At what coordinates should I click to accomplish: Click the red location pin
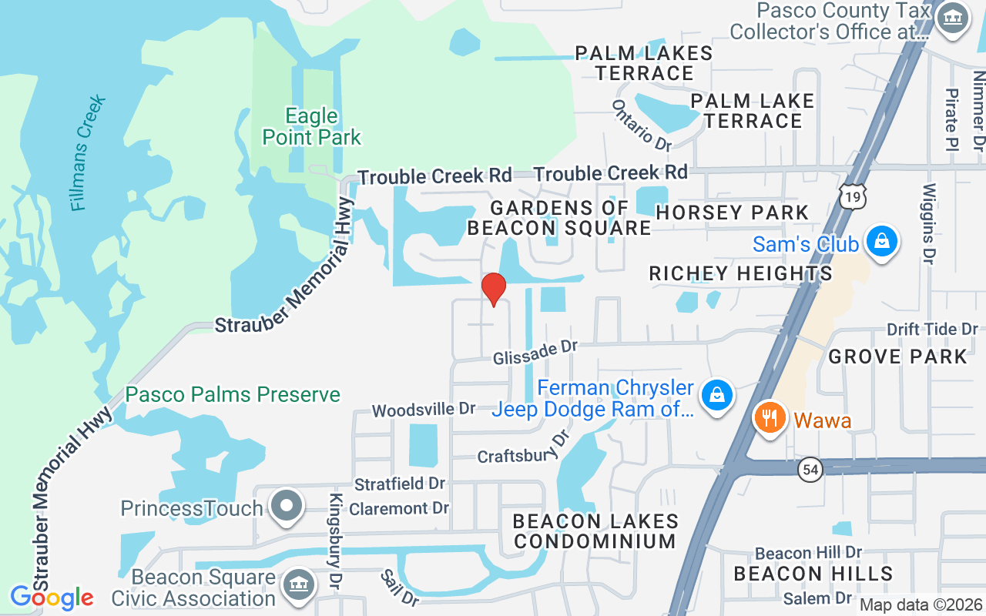(x=493, y=289)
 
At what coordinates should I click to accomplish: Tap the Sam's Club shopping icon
(x=881, y=242)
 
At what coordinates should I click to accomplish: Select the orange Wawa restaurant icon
(x=768, y=419)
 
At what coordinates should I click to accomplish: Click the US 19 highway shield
(x=853, y=196)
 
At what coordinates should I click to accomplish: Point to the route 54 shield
(x=810, y=470)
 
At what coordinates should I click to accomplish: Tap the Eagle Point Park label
(x=311, y=127)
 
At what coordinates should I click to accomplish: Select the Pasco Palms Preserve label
(x=233, y=395)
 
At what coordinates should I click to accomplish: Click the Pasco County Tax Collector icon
(x=951, y=18)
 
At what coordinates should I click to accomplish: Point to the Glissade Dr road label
(x=535, y=353)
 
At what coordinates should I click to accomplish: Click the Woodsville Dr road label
(x=424, y=410)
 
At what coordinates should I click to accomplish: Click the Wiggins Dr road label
(x=930, y=223)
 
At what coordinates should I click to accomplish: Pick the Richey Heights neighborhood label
(x=740, y=273)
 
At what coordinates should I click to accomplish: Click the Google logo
(x=52, y=597)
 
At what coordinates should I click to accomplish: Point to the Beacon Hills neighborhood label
(x=813, y=574)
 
